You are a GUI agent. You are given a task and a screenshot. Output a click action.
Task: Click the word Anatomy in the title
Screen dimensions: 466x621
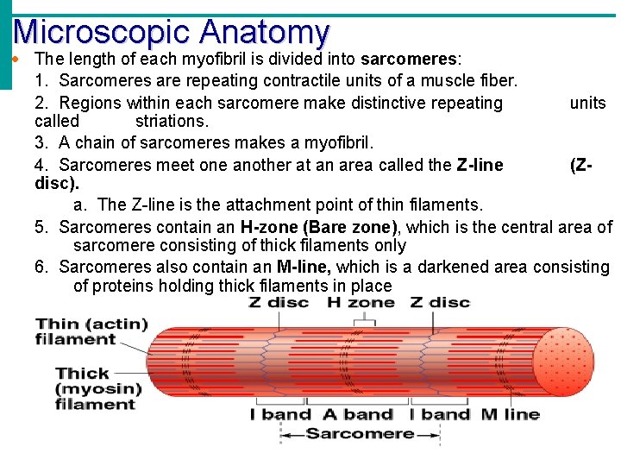264,32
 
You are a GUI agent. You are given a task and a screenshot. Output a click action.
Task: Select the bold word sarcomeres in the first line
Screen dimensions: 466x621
410,60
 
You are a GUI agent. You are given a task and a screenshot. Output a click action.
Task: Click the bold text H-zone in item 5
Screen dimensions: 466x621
268,227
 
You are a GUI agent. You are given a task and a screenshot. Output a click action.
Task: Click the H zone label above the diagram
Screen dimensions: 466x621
360,303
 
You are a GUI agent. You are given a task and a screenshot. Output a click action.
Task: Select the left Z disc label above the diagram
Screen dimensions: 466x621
278,303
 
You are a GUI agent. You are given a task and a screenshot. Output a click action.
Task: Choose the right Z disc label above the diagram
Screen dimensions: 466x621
440,303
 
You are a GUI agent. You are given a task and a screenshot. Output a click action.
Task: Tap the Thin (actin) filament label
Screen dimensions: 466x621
90,331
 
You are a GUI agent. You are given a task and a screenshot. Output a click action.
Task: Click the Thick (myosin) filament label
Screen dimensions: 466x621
95,388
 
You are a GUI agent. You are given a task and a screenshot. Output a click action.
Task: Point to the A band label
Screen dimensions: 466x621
357,414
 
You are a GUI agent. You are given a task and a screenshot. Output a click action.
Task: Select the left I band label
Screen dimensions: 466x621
280,414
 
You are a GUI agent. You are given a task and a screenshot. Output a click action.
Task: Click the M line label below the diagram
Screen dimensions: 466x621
511,414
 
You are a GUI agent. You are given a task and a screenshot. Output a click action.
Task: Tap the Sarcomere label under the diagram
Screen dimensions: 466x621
360,434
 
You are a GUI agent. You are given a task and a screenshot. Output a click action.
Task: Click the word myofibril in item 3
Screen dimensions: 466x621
336,142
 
